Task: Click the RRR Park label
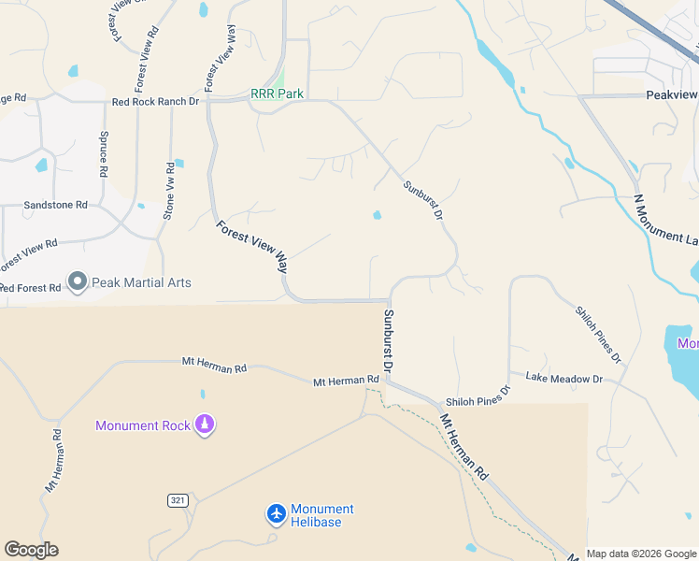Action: pos(278,94)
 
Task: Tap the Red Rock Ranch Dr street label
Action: pos(155,102)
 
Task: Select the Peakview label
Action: pos(672,95)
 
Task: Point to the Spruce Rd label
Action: pos(104,154)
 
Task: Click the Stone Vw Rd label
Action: pos(169,191)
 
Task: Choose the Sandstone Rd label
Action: pos(55,204)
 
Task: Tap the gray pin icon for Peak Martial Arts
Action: pos(77,281)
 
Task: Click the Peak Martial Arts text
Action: pos(141,282)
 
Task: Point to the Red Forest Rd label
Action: pos(30,288)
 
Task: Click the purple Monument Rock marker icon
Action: pos(205,425)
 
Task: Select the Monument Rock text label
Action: pos(143,425)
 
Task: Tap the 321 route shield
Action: pos(178,500)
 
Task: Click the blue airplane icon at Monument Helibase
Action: pos(276,514)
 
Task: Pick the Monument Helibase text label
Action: pos(322,515)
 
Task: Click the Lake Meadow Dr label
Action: pos(563,379)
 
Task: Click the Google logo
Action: pos(31,550)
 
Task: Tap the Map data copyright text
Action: pos(641,554)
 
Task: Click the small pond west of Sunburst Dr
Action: pos(377,215)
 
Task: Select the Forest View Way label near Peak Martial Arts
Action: pos(252,246)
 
